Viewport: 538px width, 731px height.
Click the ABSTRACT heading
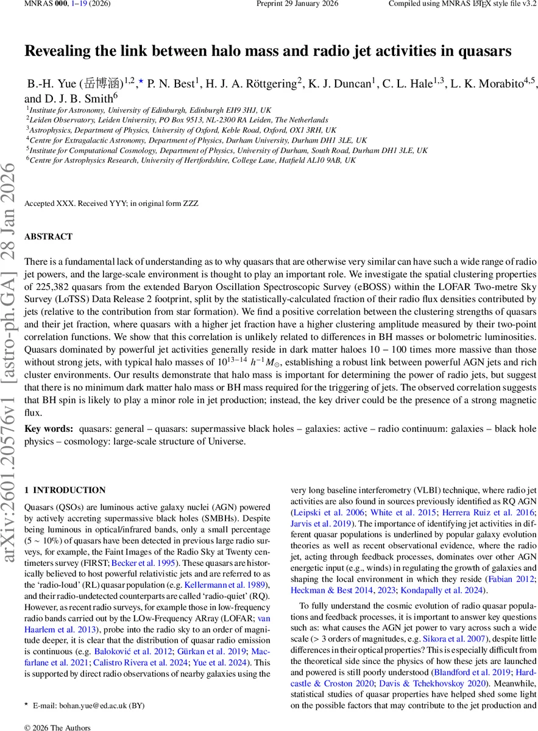[x=48, y=236]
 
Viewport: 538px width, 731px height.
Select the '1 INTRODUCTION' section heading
[x=65, y=490]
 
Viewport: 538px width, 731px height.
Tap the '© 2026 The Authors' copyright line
[x=57, y=727]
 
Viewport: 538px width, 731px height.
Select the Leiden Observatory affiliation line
[x=177, y=121]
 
